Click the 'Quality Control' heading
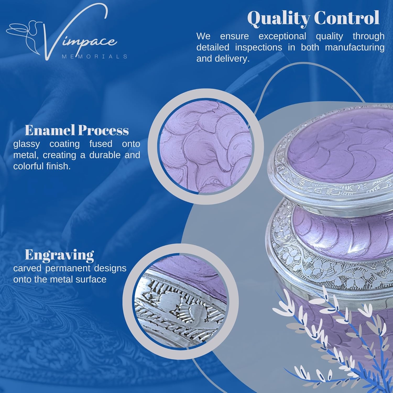click(313, 18)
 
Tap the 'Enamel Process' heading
click(77, 130)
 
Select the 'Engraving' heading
click(59, 255)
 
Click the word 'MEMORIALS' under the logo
click(95, 56)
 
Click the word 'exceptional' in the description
click(282, 36)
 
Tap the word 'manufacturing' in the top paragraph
click(355, 47)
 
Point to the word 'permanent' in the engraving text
click(70, 269)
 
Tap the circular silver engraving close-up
click(181, 301)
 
